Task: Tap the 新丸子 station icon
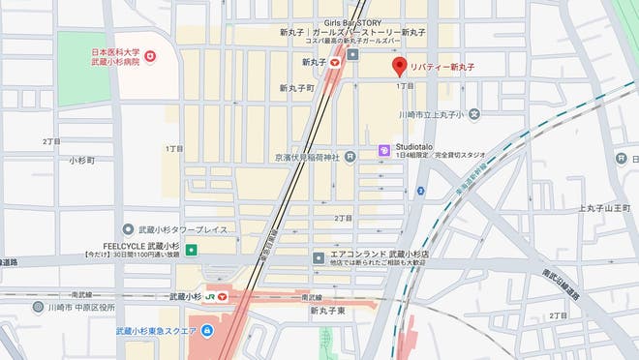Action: [334, 62]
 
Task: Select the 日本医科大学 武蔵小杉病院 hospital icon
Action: [151, 56]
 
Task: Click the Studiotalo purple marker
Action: [383, 150]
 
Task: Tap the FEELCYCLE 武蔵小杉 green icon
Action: [191, 250]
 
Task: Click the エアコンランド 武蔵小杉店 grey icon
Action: [319, 257]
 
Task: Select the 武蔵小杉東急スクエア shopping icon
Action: [206, 331]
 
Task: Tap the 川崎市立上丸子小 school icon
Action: [474, 114]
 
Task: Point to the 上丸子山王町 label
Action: [605, 208]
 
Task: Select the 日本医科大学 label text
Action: [116, 50]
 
